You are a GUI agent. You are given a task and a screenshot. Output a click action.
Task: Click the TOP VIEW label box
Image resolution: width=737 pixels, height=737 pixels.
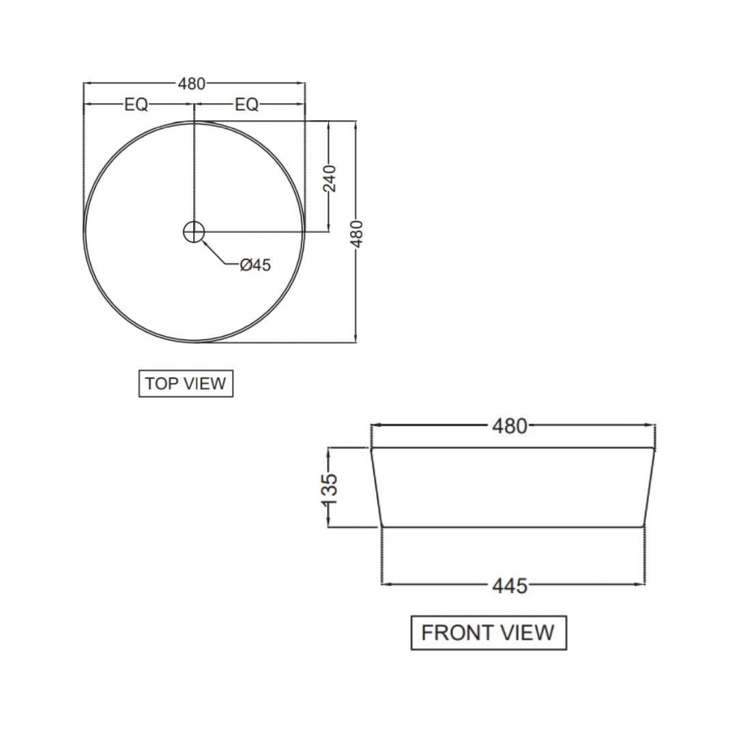[186, 384]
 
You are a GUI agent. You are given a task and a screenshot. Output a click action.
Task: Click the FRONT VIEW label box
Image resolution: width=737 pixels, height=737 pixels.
[488, 633]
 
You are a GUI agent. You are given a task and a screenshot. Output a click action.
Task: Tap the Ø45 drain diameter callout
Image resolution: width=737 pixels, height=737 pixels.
[255, 265]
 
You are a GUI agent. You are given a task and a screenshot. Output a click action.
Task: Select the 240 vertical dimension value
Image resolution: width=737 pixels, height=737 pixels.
[330, 178]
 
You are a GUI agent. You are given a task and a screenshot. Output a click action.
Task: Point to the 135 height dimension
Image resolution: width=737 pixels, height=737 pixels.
[329, 489]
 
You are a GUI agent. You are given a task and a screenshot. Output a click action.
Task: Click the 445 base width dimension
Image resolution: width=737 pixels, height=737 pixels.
[510, 586]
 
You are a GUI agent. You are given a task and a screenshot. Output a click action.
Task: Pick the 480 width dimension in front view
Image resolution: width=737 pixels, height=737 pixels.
[510, 426]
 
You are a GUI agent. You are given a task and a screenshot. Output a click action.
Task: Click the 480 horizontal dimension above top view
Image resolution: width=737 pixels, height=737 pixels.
[191, 84]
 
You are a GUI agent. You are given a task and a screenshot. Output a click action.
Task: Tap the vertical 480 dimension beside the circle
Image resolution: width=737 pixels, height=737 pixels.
[356, 233]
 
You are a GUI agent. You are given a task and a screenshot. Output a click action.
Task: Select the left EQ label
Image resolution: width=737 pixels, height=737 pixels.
[136, 104]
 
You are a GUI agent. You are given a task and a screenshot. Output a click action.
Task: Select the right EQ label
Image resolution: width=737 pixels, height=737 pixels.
[246, 104]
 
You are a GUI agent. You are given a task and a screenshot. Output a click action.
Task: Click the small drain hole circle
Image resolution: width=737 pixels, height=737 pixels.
[194, 232]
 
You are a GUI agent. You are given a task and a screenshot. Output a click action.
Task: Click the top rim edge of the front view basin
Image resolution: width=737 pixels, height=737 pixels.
[512, 448]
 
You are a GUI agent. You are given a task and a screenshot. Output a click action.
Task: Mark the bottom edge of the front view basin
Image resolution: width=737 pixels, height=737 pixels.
[512, 527]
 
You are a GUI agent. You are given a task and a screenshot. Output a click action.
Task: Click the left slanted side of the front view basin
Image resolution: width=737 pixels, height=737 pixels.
[376, 487]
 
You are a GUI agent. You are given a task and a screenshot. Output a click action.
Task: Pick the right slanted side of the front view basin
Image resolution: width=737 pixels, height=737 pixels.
[649, 487]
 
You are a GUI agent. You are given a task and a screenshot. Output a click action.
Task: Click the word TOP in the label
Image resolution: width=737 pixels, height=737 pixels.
[161, 384]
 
